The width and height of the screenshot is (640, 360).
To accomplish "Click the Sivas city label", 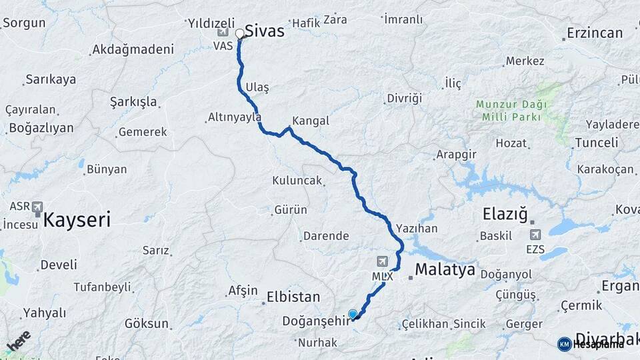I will pos(265,31).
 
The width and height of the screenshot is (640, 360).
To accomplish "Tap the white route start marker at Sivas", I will pos(239,33).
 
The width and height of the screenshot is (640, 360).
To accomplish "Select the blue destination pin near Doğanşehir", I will pos(353,314).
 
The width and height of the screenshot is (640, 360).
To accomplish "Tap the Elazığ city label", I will pos(505,215).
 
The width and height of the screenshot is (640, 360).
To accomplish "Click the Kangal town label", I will pos(311,121).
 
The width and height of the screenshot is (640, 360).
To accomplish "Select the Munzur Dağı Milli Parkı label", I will pos(511,110).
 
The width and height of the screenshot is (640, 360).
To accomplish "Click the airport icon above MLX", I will pos(382,261).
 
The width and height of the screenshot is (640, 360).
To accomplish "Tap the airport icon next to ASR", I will pos(37,207).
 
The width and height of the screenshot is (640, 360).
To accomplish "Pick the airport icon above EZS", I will pos(535,235).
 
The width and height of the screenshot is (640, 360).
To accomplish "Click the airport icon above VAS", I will pos(223,32).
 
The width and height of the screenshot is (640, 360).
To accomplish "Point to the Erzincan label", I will pos(595,33).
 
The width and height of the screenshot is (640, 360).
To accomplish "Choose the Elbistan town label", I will pos(293,297).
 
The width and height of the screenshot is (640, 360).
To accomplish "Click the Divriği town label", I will pos(404,98).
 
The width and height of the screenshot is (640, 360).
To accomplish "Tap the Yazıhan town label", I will pos(417,229).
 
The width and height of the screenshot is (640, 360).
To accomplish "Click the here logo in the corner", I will pos(18,341).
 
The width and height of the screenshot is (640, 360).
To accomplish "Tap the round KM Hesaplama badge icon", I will pos(564,344).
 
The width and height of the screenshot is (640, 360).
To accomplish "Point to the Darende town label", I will pos(326,235).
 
